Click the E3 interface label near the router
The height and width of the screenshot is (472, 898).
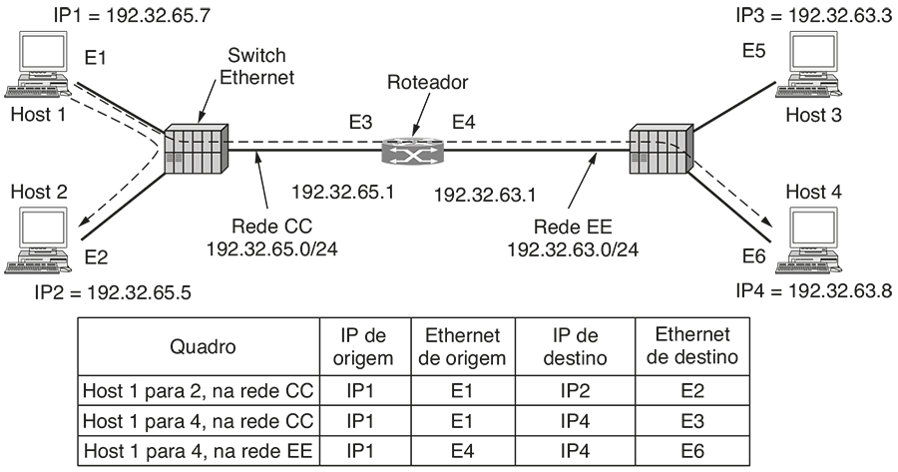point(360,123)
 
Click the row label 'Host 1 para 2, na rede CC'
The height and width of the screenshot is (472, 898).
point(197,390)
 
